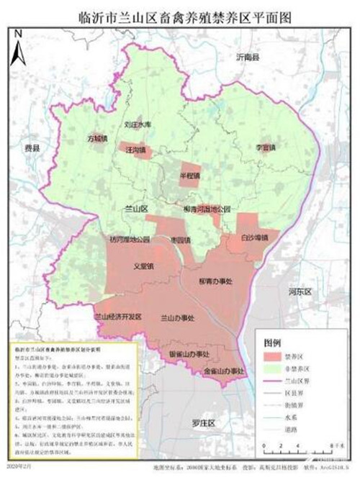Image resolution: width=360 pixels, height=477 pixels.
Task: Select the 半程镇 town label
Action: click(190, 174)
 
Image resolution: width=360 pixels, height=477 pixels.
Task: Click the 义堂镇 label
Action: click(144, 265)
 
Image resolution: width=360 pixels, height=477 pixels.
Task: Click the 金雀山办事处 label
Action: click(224, 371)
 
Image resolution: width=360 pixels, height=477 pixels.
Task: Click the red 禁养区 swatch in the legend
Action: click(271, 356)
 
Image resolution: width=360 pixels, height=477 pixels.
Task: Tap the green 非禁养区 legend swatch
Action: click(271, 368)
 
